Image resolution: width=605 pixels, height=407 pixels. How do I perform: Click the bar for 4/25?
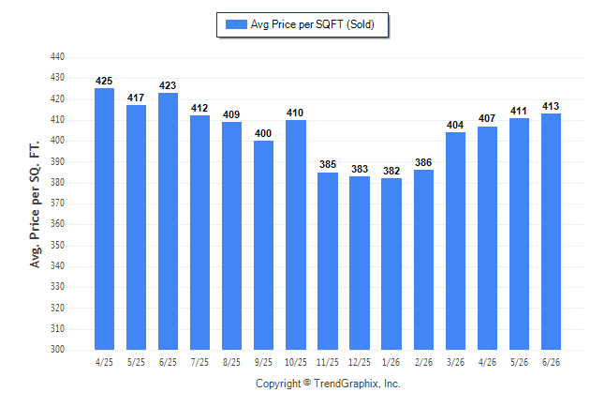point(104,219)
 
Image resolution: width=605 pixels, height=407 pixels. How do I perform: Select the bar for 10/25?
point(296,234)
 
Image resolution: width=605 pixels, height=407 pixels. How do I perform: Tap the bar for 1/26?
point(391,264)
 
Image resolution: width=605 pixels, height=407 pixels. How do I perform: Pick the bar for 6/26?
point(551,232)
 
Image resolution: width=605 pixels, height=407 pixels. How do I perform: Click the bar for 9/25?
point(263,245)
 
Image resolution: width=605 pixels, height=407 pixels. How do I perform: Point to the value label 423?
point(168,85)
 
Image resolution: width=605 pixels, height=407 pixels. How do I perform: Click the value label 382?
point(391,171)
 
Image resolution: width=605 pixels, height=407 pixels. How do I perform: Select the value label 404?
point(455,125)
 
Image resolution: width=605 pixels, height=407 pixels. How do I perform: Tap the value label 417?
point(136,98)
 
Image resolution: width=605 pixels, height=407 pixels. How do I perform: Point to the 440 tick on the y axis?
point(57,57)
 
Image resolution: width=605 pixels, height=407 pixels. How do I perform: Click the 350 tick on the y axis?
point(57,245)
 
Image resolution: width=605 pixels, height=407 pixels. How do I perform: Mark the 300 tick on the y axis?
point(57,349)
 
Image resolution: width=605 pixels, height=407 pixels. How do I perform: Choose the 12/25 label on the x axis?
point(360,362)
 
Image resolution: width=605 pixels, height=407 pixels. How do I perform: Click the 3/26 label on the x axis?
point(455,362)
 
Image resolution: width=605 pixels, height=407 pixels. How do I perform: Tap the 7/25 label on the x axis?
point(199,362)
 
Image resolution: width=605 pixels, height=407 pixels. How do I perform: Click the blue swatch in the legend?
point(236,24)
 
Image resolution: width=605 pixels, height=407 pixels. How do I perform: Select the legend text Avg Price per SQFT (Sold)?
point(313,24)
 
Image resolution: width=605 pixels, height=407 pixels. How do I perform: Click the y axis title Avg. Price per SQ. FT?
point(35,204)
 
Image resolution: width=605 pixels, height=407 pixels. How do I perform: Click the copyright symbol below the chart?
point(307,383)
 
